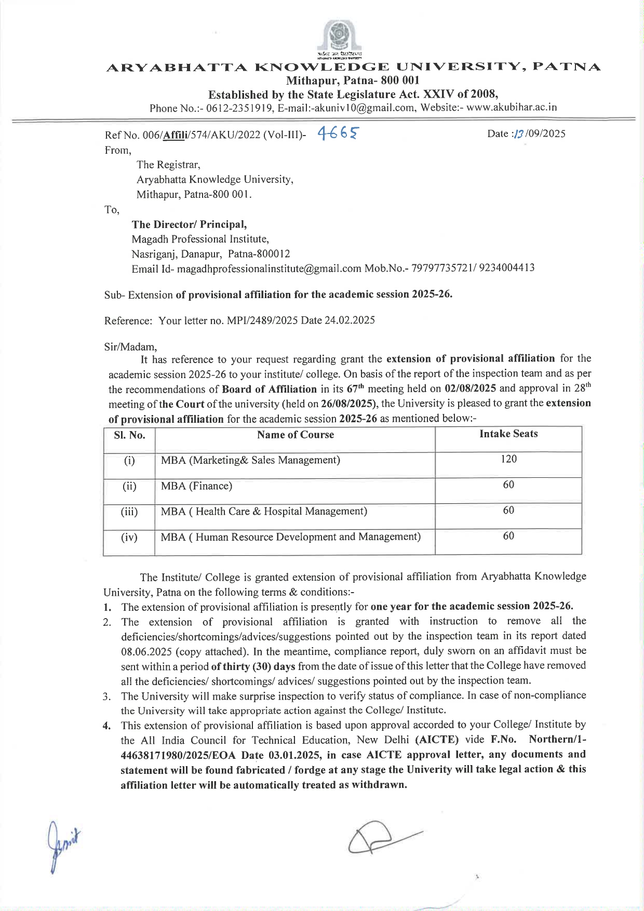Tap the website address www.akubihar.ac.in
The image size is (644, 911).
pyautogui.click(x=512, y=108)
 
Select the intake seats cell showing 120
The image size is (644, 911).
pyautogui.click(x=508, y=459)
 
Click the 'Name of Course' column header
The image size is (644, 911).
pyautogui.click(x=295, y=435)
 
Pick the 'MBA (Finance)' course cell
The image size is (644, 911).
pyautogui.click(x=196, y=486)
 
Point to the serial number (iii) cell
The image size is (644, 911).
pyautogui.click(x=129, y=512)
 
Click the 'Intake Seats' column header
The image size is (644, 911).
pyautogui.click(x=508, y=434)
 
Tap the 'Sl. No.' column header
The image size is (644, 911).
pyautogui.click(x=129, y=435)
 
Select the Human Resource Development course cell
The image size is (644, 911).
pyautogui.click(x=290, y=537)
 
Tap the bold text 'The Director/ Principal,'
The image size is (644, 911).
pyautogui.click(x=189, y=224)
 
